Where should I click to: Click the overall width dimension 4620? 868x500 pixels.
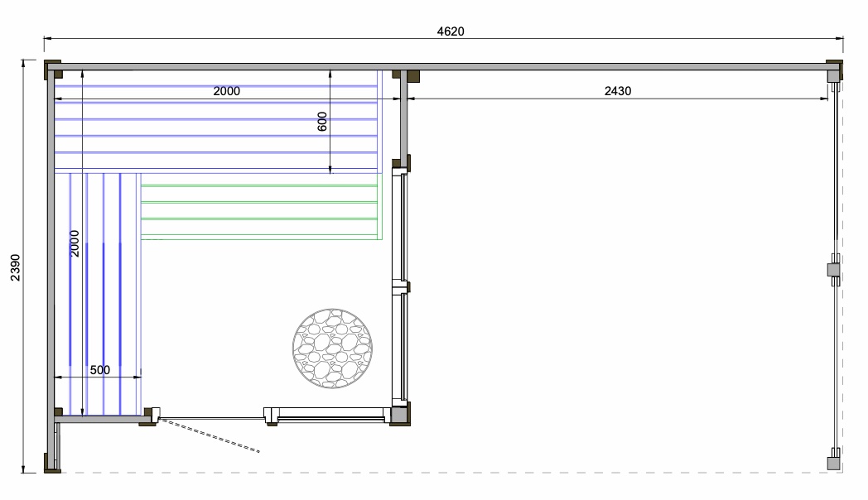451,31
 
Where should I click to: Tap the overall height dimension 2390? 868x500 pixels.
16,267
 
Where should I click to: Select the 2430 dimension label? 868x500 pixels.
618,91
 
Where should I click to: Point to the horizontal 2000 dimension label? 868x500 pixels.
227,91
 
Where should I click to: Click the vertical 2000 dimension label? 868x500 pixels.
75,244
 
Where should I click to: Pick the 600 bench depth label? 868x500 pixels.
322,122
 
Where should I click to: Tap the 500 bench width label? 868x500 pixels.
100,369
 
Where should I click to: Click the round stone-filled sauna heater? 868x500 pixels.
332,349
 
